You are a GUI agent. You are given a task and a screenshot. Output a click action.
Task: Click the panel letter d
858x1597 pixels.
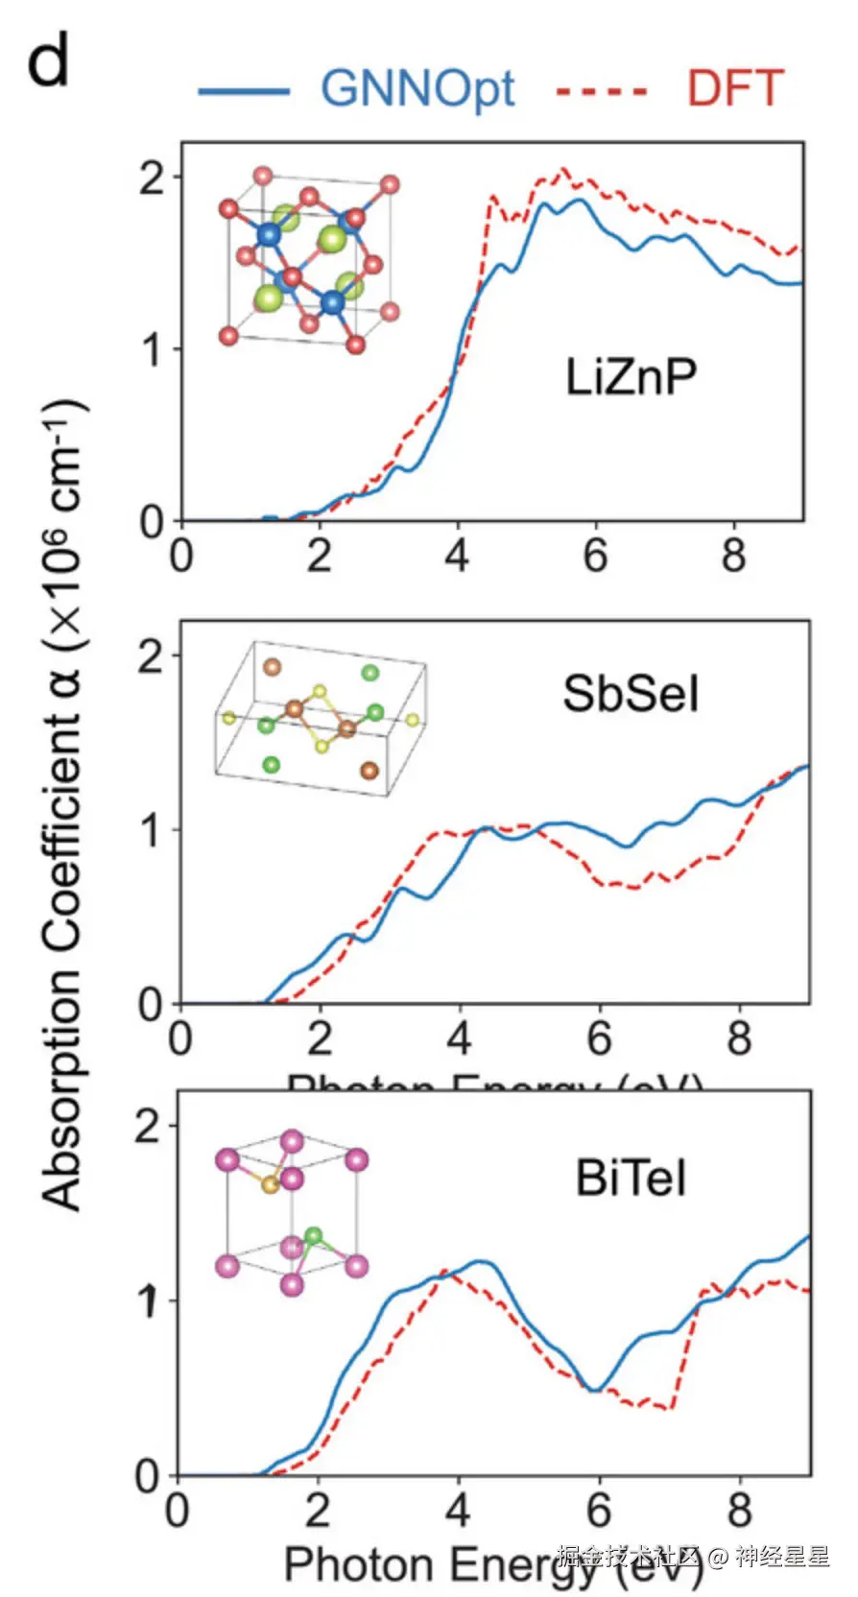47,61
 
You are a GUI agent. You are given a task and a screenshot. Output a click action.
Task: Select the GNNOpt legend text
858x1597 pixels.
417,89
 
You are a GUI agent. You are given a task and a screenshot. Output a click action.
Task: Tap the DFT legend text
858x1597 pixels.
735,89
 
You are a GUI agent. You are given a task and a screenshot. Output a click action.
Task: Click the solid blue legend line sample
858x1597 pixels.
244,91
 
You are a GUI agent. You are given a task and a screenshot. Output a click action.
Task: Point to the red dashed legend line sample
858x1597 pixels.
603,92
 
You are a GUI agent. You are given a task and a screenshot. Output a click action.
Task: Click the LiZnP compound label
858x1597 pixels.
631,376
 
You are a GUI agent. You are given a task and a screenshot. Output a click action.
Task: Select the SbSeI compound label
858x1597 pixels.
631,693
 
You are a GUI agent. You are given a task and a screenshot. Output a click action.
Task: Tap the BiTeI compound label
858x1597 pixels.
631,1178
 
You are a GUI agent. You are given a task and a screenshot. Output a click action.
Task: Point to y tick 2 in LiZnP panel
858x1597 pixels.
153,178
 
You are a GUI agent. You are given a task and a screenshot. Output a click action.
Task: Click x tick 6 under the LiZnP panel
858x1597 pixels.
596,556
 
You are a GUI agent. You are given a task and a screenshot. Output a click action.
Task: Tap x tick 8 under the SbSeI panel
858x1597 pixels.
739,1038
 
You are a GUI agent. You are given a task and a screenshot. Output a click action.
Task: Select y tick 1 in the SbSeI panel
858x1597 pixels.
151,829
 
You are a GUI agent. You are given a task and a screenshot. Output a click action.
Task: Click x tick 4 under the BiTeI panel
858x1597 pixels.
458,1510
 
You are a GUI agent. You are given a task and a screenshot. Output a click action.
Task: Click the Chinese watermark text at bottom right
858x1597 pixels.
693,1557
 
